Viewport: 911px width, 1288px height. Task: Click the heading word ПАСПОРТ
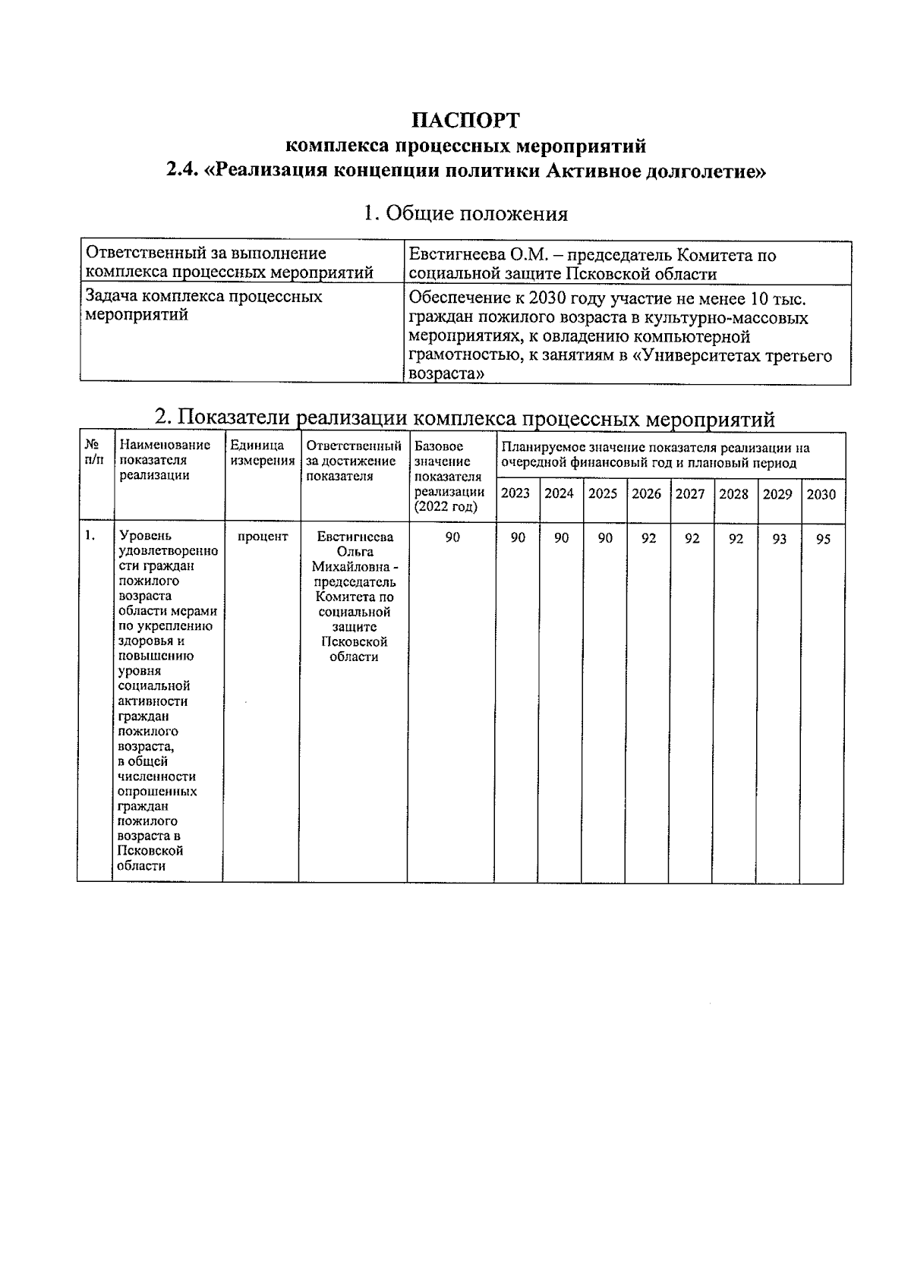click(x=465, y=121)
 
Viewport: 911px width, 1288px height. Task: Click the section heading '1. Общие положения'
click(x=465, y=214)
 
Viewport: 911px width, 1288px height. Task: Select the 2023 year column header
click(x=515, y=494)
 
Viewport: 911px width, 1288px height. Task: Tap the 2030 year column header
click(x=821, y=495)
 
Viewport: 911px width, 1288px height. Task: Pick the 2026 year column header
click(x=646, y=494)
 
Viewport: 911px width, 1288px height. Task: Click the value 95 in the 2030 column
click(x=822, y=540)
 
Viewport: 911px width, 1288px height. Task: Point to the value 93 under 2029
click(x=779, y=540)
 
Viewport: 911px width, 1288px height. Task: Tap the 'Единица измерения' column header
click(x=262, y=454)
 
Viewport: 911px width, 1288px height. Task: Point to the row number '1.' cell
click(x=90, y=536)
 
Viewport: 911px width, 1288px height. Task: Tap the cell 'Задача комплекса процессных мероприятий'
click(x=203, y=305)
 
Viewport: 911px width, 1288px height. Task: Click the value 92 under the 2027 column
click(x=692, y=540)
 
